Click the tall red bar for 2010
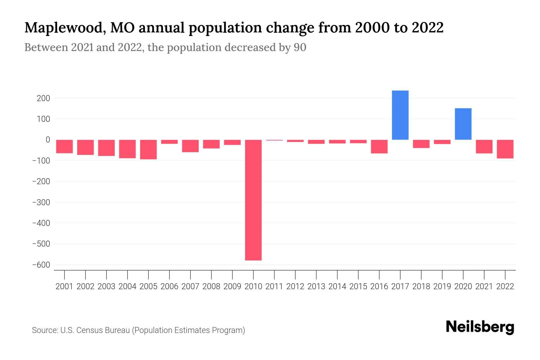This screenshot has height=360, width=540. pyautogui.click(x=253, y=200)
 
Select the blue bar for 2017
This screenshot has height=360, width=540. pyautogui.click(x=400, y=115)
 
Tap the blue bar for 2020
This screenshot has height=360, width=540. pyautogui.click(x=463, y=124)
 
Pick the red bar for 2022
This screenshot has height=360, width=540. pyautogui.click(x=505, y=149)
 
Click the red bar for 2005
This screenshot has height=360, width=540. pyautogui.click(x=148, y=149)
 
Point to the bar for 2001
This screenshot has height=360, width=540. pyautogui.click(x=64, y=146)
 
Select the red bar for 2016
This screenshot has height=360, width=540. pyautogui.click(x=379, y=146)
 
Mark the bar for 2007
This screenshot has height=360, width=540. pyautogui.click(x=190, y=146)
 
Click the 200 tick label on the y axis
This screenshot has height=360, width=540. pyautogui.click(x=43, y=98)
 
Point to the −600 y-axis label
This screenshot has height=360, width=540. pyautogui.click(x=41, y=265)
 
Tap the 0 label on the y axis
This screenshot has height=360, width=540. pyautogui.click(x=48, y=140)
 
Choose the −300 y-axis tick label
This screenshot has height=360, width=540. pyautogui.click(x=41, y=202)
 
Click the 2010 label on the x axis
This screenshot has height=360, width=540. pyautogui.click(x=253, y=286)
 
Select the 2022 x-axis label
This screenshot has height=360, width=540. pyautogui.click(x=505, y=286)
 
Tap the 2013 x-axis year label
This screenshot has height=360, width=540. pyautogui.click(x=316, y=286)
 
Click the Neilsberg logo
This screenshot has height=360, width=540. pyautogui.click(x=480, y=327)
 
